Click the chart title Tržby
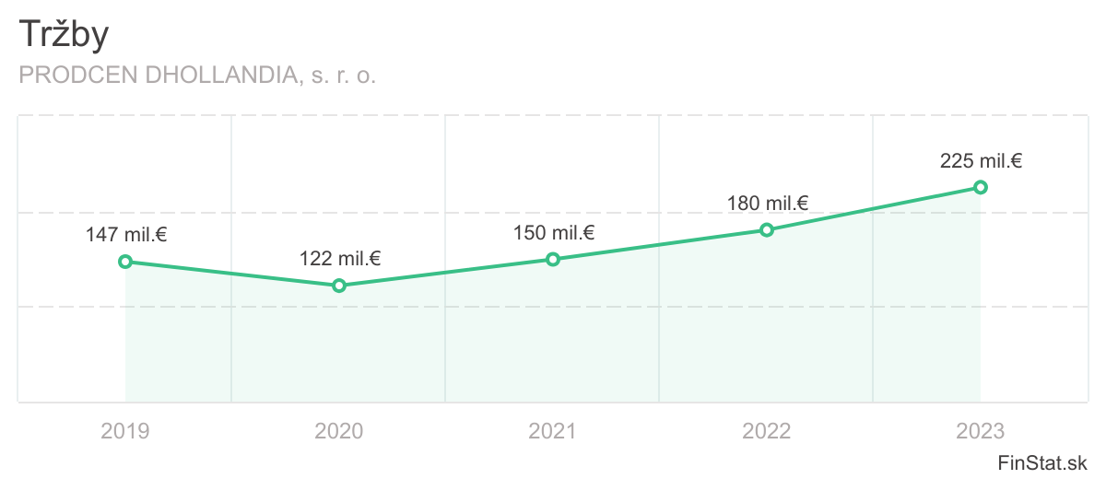point(64,35)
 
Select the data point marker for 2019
point(125,262)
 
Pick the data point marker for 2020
point(339,286)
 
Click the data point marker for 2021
point(553,259)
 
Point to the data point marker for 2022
point(767,229)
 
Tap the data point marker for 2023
point(981,187)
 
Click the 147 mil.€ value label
point(126,235)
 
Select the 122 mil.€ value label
point(340,259)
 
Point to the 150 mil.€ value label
point(554,232)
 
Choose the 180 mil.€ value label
point(768,203)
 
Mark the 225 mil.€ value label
point(982,161)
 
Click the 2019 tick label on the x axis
point(125,430)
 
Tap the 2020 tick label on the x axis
point(339,430)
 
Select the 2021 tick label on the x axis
point(553,430)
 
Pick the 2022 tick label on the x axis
point(767,430)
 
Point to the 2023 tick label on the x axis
point(981,430)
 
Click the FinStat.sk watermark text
point(1044,461)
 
